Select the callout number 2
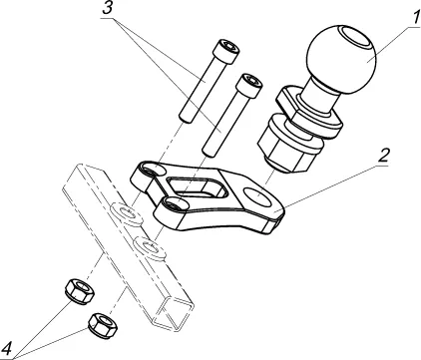(x=383, y=155)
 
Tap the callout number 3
(x=108, y=8)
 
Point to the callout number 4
(x=6, y=350)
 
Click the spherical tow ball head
(x=341, y=59)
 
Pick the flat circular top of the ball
(x=354, y=38)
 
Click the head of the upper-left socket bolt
(x=227, y=51)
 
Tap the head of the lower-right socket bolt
(x=249, y=85)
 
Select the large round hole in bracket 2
(x=257, y=196)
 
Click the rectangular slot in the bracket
(x=197, y=187)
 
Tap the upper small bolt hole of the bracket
(x=154, y=171)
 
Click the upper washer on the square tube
(x=126, y=213)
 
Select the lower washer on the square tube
(x=149, y=248)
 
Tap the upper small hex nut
(x=80, y=291)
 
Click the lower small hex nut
(x=103, y=325)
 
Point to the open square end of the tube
(x=172, y=314)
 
